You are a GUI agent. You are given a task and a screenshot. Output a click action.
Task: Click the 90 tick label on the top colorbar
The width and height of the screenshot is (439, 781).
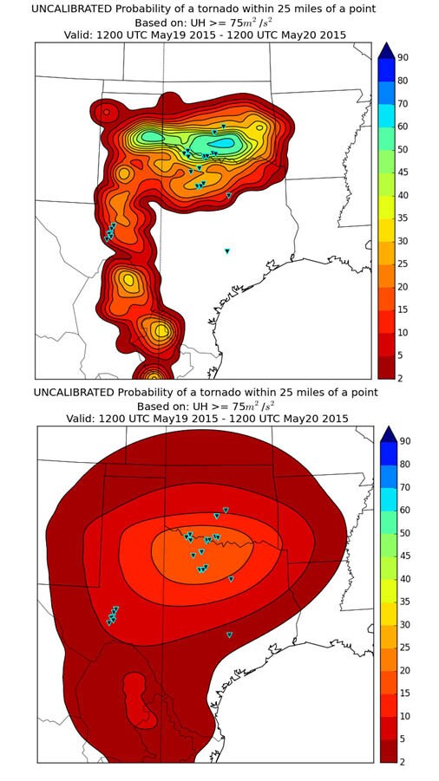click(403, 58)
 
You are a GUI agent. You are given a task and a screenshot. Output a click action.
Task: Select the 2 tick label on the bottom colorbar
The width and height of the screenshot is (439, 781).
click(403, 762)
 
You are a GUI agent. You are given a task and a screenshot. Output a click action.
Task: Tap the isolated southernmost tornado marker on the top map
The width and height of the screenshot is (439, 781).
click(227, 251)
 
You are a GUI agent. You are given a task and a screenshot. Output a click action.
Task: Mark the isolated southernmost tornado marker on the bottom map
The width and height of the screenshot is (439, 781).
click(229, 635)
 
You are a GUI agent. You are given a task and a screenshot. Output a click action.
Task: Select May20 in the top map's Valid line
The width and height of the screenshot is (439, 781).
click(284, 35)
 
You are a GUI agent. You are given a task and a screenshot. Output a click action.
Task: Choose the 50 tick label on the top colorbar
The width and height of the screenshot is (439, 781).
click(403, 149)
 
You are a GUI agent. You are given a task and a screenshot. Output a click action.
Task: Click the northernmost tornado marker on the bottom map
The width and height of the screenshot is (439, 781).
click(226, 510)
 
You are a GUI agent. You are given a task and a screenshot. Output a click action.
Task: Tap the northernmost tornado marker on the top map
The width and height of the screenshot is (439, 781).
click(224, 127)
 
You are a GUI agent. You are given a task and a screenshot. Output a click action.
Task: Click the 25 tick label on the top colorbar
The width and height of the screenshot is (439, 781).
click(403, 264)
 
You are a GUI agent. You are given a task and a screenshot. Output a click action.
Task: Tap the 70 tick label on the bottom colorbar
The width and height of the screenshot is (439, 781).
click(403, 487)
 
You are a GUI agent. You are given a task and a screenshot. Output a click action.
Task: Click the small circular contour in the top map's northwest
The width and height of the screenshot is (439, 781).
click(105, 112)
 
